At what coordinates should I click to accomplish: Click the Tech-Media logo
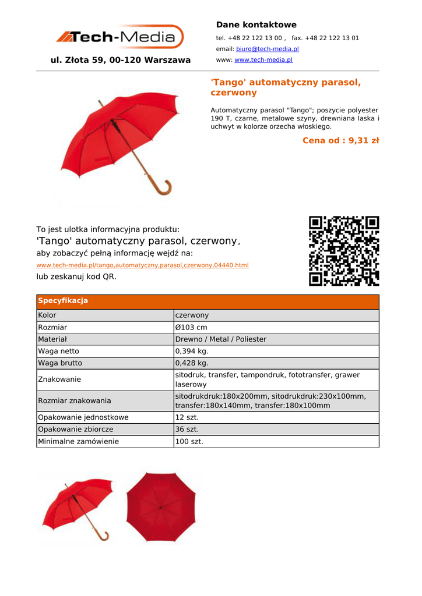pos(120,37)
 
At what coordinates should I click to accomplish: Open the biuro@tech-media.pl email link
pos(267,49)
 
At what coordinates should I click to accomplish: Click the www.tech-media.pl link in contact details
pos(263,60)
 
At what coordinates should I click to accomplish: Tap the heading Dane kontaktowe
pos(256,24)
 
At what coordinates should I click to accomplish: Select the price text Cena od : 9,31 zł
pos(340,140)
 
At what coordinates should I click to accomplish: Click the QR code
pos(344,251)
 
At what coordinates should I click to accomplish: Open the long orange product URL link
pos(142,265)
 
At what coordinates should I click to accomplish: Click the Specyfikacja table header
pos(62,301)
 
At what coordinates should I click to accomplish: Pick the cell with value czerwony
pos(192,315)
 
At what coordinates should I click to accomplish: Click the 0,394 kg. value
pos(192,351)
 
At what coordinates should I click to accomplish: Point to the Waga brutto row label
pos(60,363)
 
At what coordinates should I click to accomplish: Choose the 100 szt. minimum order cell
pos(189,442)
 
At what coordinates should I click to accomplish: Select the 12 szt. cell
pos(187,417)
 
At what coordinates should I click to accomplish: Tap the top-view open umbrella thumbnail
pos(161,506)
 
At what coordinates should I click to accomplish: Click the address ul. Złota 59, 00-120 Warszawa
pos(121,60)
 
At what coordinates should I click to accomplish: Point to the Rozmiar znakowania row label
pos(74,400)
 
